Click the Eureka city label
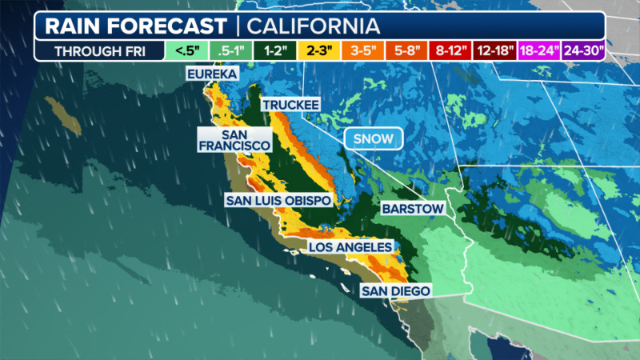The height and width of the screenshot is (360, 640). point(212,74)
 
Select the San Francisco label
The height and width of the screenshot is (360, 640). point(234,140)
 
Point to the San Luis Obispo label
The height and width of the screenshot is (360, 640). point(278,199)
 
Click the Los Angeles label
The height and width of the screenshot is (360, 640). point(350,247)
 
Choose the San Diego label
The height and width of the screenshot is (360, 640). point(395,290)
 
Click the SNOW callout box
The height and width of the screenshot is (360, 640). point(373,138)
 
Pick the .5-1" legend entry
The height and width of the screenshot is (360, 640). point(230,51)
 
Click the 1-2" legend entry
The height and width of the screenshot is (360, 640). point(276,51)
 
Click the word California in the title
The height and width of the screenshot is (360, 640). point(311,26)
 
